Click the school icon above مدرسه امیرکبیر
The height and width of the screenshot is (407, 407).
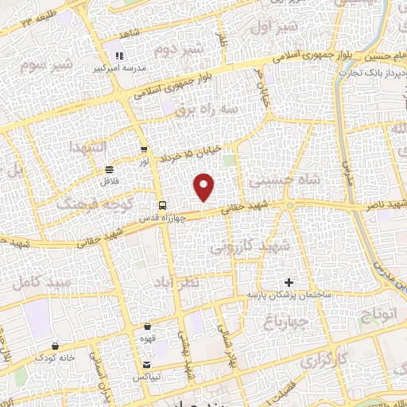coord(119,56)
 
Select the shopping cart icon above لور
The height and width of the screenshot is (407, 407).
coord(144,148)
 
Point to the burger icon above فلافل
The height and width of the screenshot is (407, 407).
coord(108,169)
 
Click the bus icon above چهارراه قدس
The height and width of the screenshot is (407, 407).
coord(161,204)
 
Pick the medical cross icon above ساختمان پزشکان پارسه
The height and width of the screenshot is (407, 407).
coord(289,282)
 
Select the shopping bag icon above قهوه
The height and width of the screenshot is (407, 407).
coord(148,326)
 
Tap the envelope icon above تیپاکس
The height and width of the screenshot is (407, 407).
coord(148,363)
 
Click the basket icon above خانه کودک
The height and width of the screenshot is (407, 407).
coord(54,346)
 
